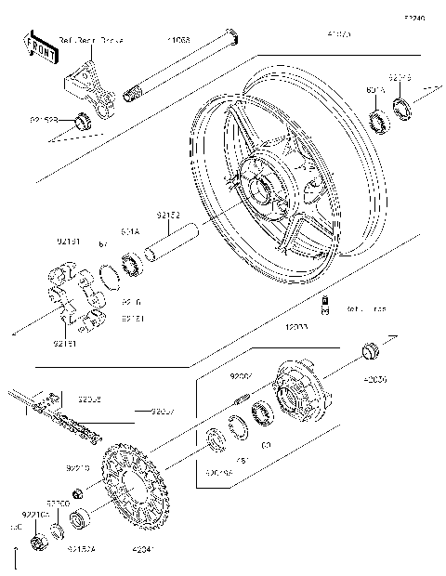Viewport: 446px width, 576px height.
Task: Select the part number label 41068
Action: coord(179,42)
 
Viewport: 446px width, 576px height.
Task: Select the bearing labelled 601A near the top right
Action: coord(379,122)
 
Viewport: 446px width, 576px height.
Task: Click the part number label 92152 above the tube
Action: coord(168,215)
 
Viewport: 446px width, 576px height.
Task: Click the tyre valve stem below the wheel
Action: coord(326,304)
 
